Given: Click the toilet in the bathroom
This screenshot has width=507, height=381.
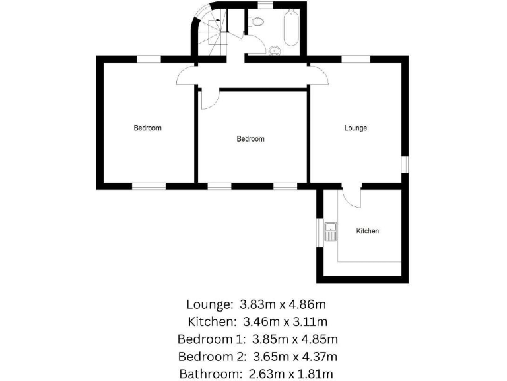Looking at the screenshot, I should (258, 22).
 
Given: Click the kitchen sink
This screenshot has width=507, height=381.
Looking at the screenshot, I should (331, 231).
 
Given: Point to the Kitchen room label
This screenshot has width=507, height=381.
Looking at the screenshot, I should (368, 231).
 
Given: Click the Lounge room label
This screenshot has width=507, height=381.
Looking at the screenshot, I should (355, 128).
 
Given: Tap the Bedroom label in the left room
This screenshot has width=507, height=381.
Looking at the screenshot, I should (147, 128).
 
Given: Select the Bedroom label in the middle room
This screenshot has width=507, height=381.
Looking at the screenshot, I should (250, 139).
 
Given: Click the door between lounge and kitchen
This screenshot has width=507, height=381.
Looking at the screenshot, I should (351, 195).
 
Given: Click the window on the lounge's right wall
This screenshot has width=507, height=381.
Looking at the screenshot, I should (405, 164).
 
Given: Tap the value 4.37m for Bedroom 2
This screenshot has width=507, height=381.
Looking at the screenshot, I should (319, 357).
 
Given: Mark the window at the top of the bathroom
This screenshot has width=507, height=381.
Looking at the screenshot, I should (266, 6).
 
